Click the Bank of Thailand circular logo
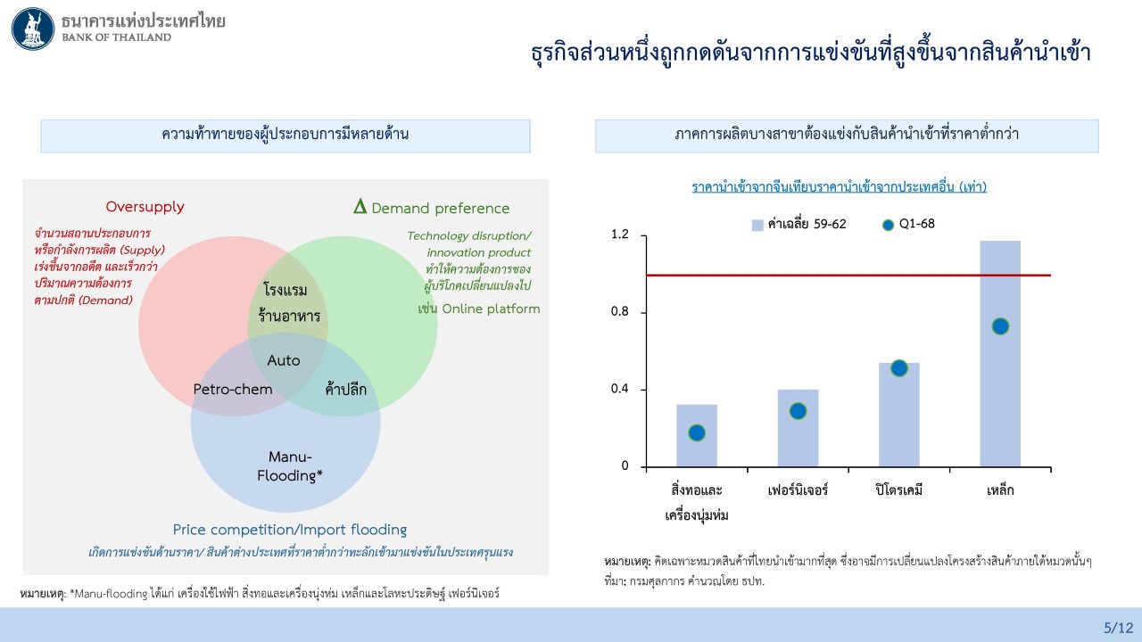33,29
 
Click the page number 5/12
1118,627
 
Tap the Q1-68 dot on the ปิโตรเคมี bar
898,368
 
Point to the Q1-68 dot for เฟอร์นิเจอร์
798,411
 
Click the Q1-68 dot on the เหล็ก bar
1000,326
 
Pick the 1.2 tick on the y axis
619,235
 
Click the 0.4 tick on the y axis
619,390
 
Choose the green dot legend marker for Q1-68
888,225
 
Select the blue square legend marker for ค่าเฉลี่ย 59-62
757,225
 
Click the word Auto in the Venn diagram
284,361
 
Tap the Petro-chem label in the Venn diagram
233,390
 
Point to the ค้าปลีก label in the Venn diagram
346,388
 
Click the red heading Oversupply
145,207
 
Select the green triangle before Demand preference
360,208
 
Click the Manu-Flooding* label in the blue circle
290,466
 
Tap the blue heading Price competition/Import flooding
290,530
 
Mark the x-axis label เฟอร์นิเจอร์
798,490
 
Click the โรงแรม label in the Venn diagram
285,290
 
